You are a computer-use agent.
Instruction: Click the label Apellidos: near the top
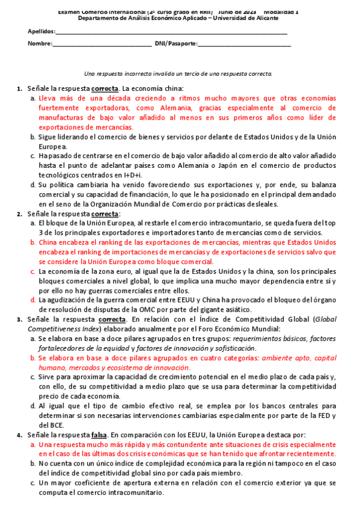[x=41, y=32]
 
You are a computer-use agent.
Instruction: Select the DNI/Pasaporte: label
[x=175, y=44]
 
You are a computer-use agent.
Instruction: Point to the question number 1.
[x=19, y=90]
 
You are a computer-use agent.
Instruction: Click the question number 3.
[x=19, y=319]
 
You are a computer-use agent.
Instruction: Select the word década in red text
[x=93, y=99]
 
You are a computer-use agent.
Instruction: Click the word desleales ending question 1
[x=278, y=204]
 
